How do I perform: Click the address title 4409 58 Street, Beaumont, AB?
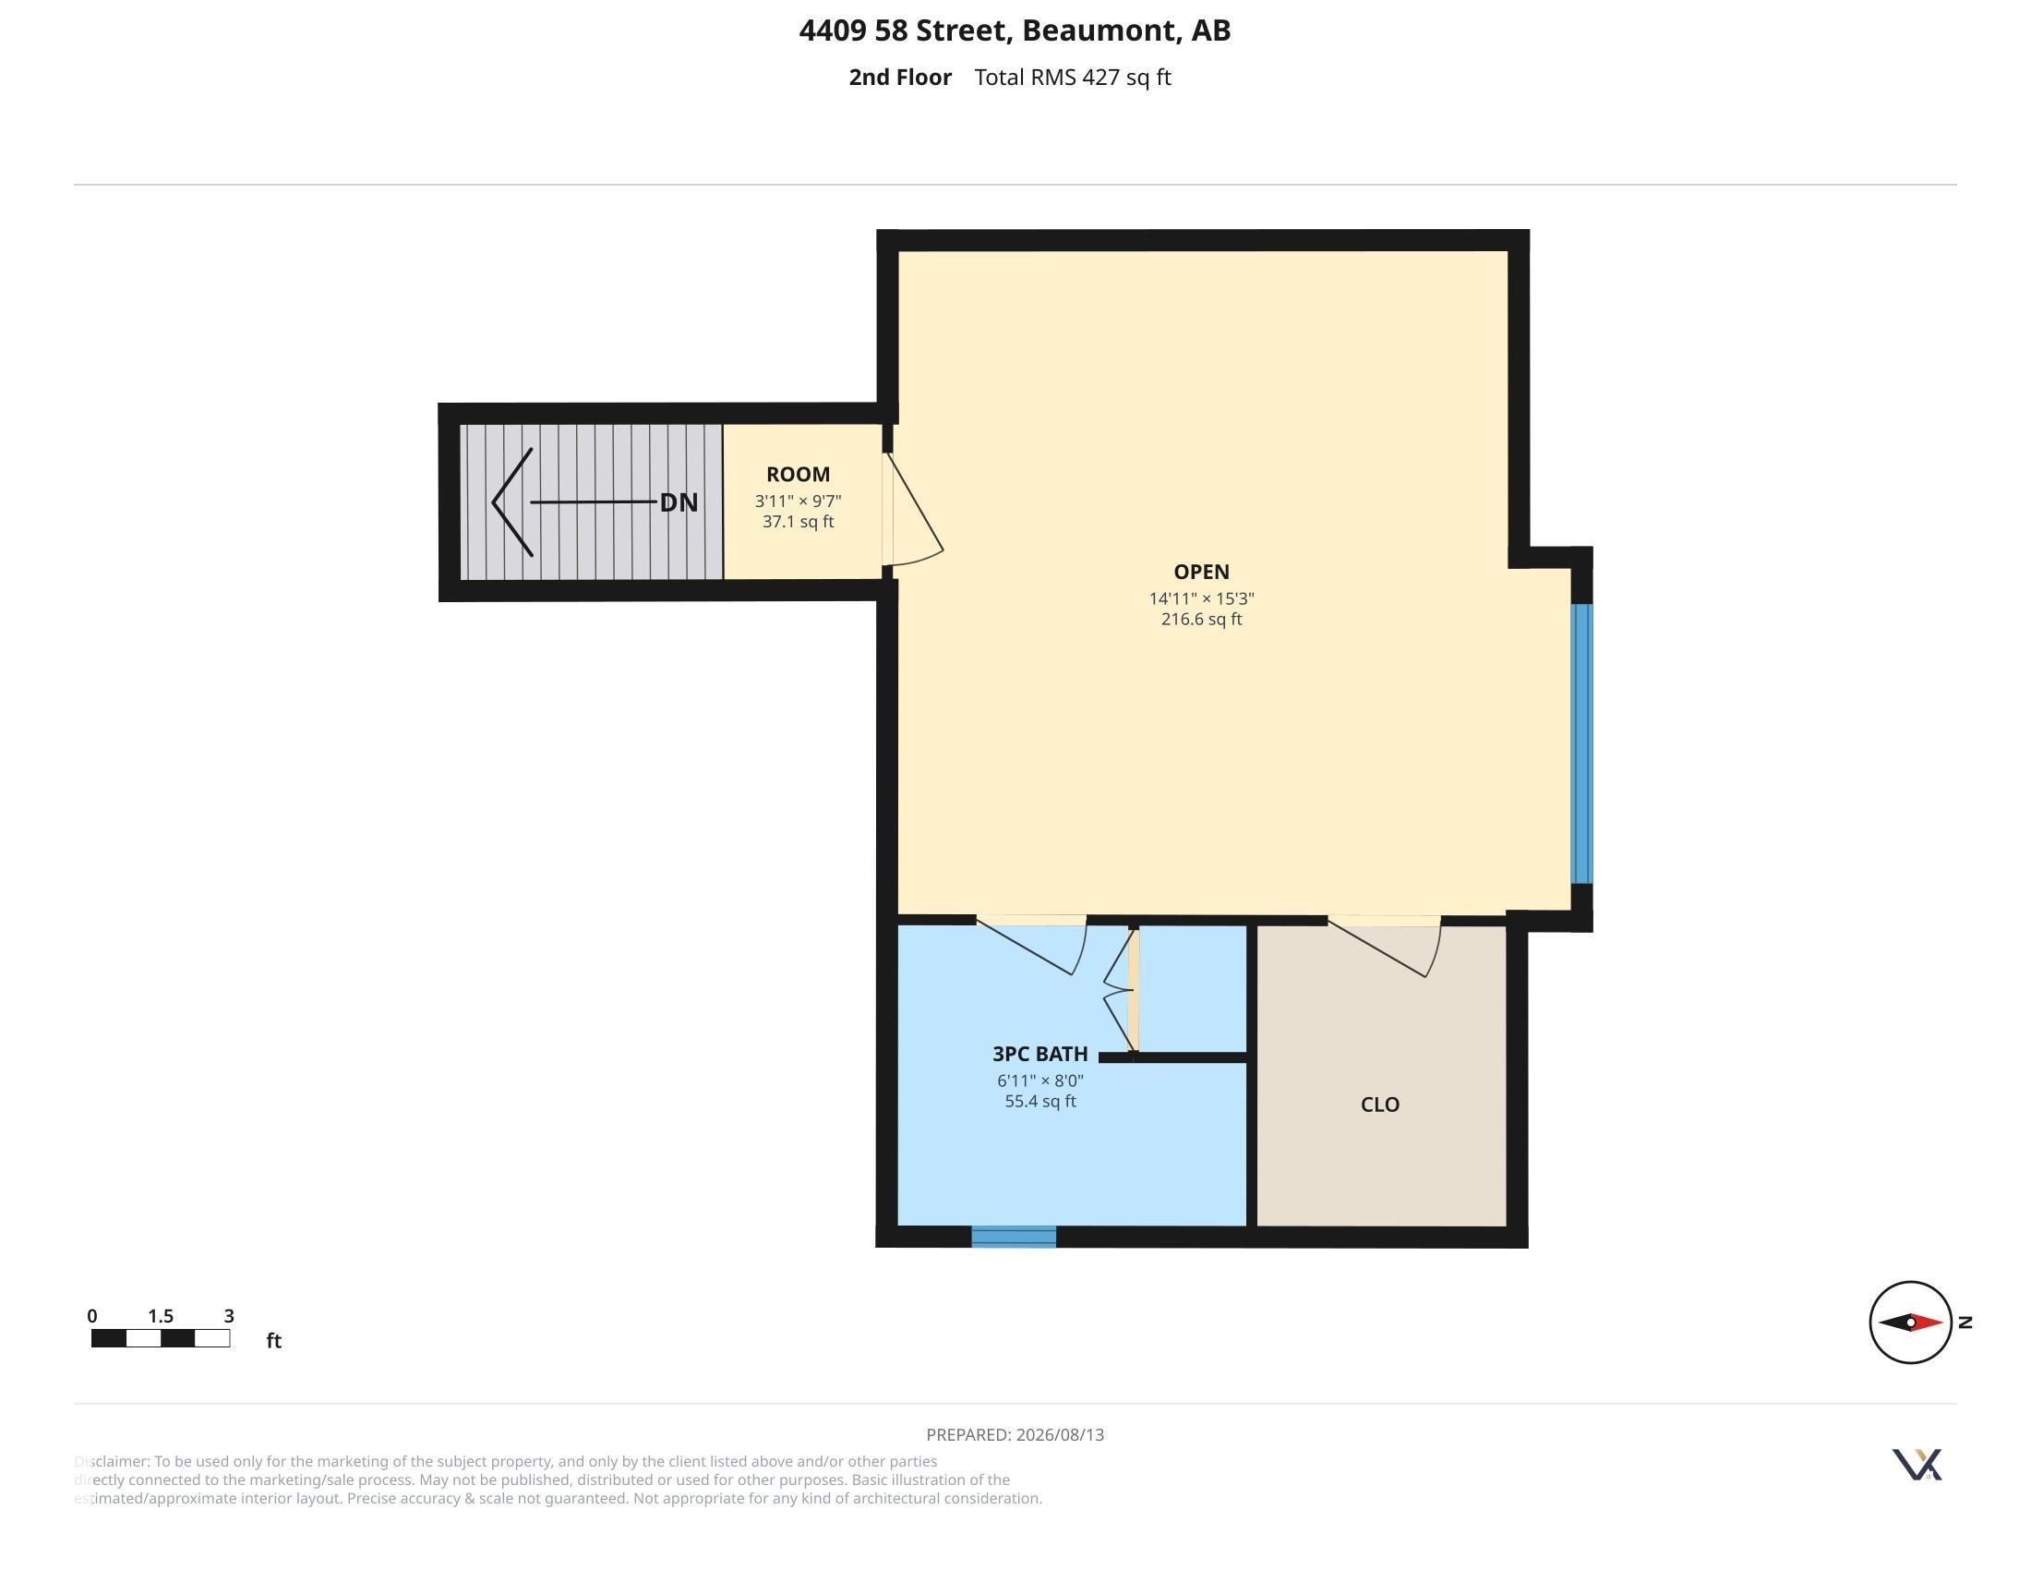click(x=1015, y=30)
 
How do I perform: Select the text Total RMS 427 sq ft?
click(x=1072, y=78)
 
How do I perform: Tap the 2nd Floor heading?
click(x=899, y=78)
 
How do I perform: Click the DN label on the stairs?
click(x=679, y=503)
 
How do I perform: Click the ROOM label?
click(x=798, y=475)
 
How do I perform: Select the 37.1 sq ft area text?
click(x=798, y=522)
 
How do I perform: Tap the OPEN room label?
click(x=1201, y=572)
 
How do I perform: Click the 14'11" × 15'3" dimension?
click(x=1201, y=599)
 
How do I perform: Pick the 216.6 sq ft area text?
click(x=1201, y=620)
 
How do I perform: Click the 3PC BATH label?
click(x=1040, y=1054)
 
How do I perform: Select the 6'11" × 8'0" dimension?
click(x=1040, y=1081)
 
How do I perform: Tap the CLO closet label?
click(x=1379, y=1105)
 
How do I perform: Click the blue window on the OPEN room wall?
click(x=1580, y=743)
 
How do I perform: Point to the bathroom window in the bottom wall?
click(x=1014, y=1236)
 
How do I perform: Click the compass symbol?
click(x=1910, y=1322)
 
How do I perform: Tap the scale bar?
click(x=161, y=1338)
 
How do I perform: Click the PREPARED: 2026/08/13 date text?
click(x=1015, y=1435)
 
